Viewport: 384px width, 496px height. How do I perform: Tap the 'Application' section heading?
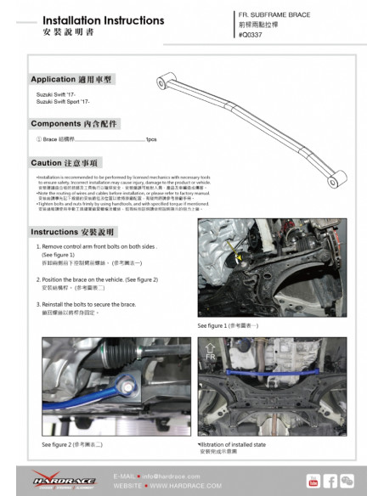(x=71, y=79)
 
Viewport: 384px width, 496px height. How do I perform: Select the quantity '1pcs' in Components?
(x=150, y=139)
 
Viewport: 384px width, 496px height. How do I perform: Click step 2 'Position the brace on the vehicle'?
(x=99, y=279)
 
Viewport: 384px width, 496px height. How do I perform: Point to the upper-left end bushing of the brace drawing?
(x=161, y=82)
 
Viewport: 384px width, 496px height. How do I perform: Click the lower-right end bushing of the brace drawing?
(x=345, y=178)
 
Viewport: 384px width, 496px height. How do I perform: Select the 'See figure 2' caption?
(x=72, y=443)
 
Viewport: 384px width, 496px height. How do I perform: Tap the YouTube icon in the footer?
(x=313, y=482)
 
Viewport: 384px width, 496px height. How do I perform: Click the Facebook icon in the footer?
(x=331, y=482)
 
